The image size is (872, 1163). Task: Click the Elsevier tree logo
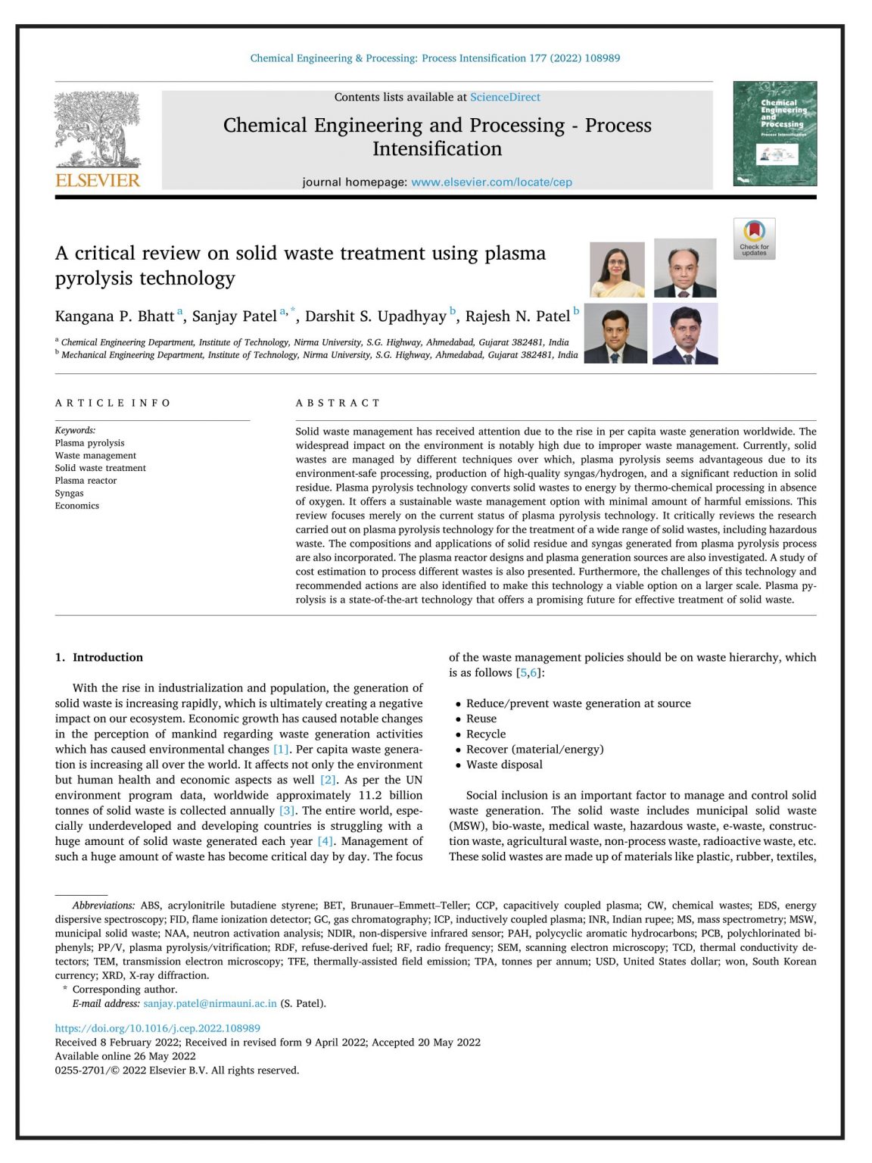click(98, 129)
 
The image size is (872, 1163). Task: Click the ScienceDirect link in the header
click(505, 97)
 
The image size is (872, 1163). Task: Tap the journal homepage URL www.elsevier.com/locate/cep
click(491, 182)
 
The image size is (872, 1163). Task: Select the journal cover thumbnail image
click(774, 133)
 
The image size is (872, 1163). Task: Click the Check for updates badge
click(754, 239)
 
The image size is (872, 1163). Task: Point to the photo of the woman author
click(617, 270)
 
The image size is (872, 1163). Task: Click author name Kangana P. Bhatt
click(114, 316)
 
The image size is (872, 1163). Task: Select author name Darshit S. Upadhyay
click(375, 316)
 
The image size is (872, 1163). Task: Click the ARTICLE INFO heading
click(113, 403)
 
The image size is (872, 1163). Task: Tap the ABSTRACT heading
click(338, 403)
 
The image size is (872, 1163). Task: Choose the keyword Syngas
click(69, 493)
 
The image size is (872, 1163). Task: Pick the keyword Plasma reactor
click(86, 480)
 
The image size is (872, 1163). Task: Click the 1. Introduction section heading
click(99, 657)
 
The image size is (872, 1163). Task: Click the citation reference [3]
click(287, 810)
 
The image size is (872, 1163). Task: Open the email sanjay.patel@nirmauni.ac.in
click(210, 1003)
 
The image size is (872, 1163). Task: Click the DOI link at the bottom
click(157, 1028)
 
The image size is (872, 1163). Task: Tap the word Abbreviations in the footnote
click(103, 905)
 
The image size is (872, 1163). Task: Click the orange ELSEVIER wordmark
click(98, 180)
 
